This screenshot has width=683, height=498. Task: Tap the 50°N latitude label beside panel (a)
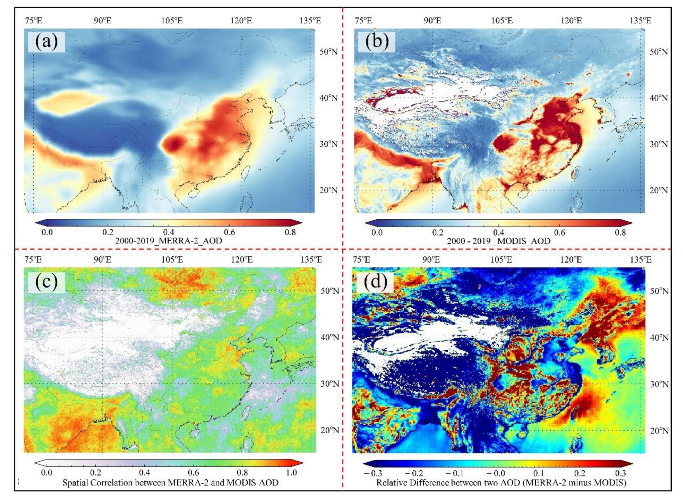tap(329, 52)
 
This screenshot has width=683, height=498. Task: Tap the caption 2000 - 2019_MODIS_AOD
tap(499, 241)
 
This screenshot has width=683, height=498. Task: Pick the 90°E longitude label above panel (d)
tap(432, 260)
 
